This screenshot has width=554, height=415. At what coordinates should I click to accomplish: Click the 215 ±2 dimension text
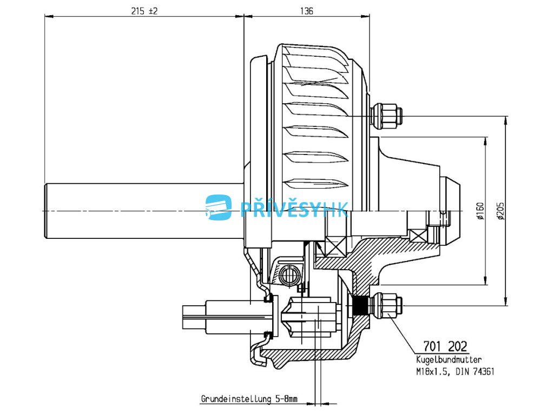point(144,10)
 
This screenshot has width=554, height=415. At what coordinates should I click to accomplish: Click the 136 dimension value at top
point(306,10)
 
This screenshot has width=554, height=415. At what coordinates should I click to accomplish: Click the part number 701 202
point(445,346)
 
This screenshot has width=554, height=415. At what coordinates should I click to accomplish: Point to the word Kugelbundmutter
point(449,360)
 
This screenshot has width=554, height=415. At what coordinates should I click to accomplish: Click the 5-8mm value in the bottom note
point(285,399)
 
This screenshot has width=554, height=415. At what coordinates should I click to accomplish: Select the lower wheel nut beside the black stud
point(386,306)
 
